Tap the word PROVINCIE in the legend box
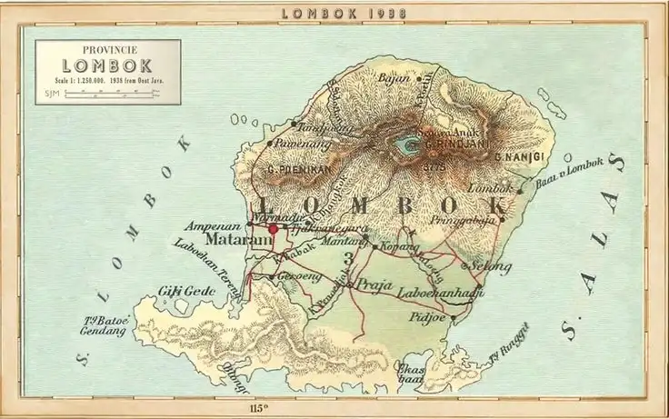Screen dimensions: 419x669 pyautogui.click(x=107, y=51)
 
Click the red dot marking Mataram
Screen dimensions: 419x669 pyautogui.click(x=273, y=230)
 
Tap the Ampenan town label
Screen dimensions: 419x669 pyautogui.click(x=212, y=224)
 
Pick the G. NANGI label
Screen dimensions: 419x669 pyautogui.click(x=519, y=157)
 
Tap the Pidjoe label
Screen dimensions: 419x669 pyautogui.click(x=425, y=318)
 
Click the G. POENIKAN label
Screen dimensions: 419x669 pyautogui.click(x=296, y=169)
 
